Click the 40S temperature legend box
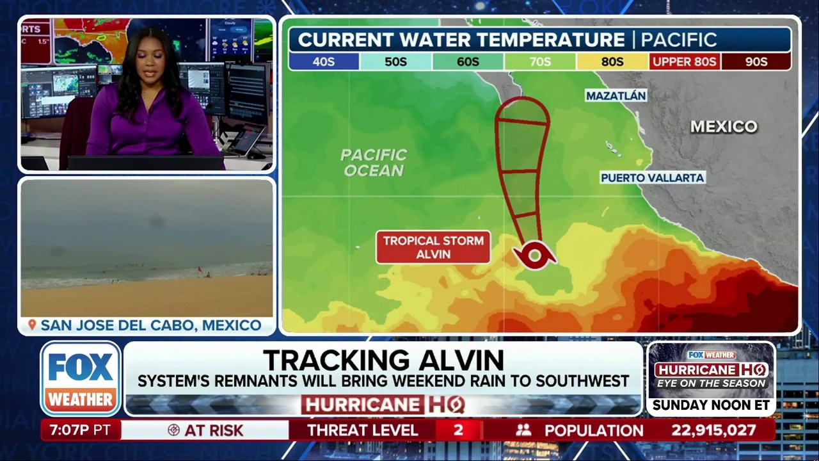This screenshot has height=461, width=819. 324,61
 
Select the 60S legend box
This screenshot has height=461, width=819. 468,61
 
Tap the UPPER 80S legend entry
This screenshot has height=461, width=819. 684,61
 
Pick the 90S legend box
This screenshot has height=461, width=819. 756,61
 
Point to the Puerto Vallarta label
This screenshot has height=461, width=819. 653,177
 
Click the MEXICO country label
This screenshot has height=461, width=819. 724,127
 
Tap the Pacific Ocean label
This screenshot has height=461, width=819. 373,163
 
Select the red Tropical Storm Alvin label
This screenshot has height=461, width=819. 433,247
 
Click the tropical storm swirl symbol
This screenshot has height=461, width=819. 534,257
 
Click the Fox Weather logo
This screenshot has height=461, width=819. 81,378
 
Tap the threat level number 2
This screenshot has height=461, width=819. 458,430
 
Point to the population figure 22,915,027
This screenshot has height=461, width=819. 713,430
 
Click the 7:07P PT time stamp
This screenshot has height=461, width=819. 81,430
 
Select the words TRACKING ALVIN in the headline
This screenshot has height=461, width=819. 383,360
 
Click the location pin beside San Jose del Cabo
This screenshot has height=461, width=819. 31,325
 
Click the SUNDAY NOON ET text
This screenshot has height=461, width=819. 711,405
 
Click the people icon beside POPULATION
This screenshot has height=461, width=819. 524,430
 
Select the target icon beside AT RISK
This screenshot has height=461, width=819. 173,430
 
